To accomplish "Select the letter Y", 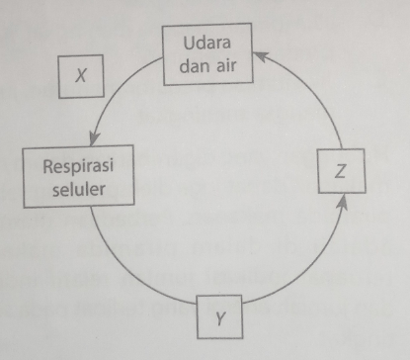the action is pos(224,318).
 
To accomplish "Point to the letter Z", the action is pos(340,171).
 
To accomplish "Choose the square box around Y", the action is pos(224,318).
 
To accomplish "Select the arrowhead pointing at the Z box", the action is pos(342,203).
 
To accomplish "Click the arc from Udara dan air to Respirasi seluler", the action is pos(119,94).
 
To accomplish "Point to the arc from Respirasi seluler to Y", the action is pos(128,267).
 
